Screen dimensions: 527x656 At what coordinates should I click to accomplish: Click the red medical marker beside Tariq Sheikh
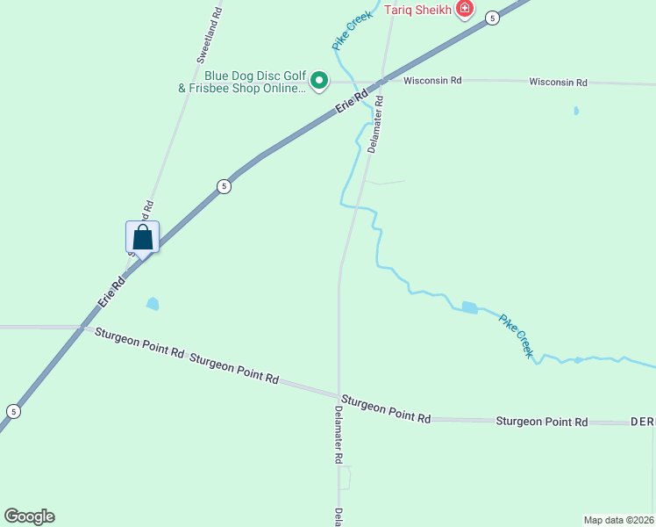click(x=464, y=10)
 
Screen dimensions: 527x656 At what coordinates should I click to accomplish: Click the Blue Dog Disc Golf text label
click(x=242, y=82)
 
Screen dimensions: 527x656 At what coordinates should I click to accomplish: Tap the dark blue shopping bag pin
click(x=142, y=237)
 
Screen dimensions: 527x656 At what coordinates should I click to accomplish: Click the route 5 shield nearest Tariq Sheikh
click(x=493, y=18)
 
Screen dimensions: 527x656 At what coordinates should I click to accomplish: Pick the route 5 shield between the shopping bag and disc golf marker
click(x=225, y=186)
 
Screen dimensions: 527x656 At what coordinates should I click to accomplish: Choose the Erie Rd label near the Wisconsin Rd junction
click(x=351, y=104)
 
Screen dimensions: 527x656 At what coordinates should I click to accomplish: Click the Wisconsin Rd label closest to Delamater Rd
click(x=432, y=81)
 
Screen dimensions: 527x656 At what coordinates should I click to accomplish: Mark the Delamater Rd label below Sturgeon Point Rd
click(x=338, y=435)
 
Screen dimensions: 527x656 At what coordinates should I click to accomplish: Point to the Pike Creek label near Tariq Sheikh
click(x=352, y=30)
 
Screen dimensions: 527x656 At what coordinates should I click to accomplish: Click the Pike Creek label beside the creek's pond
click(x=516, y=335)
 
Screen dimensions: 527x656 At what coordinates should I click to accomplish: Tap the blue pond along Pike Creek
click(x=468, y=307)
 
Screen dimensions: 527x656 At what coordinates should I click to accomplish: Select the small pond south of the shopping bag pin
click(x=153, y=304)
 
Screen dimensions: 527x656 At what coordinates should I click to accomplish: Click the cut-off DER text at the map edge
click(x=643, y=422)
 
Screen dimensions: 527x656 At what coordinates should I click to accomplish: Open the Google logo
click(x=29, y=516)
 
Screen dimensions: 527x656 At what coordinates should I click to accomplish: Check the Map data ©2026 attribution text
click(x=619, y=519)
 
